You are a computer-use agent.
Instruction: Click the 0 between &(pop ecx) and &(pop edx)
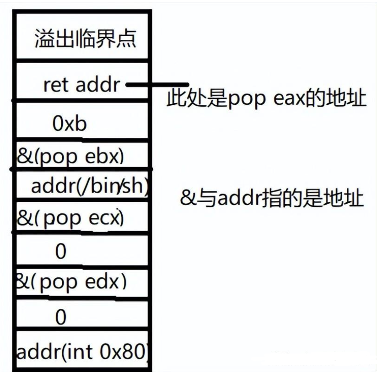pyautogui.click(x=60, y=251)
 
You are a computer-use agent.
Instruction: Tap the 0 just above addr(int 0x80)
pyautogui.click(x=60, y=317)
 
